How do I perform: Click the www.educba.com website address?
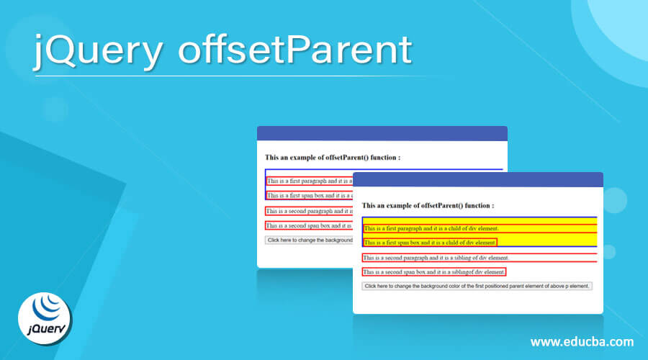pyautogui.click(x=582, y=341)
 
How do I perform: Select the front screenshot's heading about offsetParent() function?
pyautogui.click(x=428, y=205)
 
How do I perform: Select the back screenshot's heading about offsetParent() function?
pyautogui.click(x=333, y=156)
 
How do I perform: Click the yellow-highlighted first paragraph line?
pyautogui.click(x=431, y=228)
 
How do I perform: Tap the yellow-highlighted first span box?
pyautogui.click(x=430, y=243)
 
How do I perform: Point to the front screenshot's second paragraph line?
pyautogui.click(x=436, y=257)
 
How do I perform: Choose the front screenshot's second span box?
pyautogui.click(x=434, y=272)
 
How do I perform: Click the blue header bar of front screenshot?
pyautogui.click(x=477, y=180)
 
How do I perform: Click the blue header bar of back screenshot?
pyautogui.click(x=382, y=133)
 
